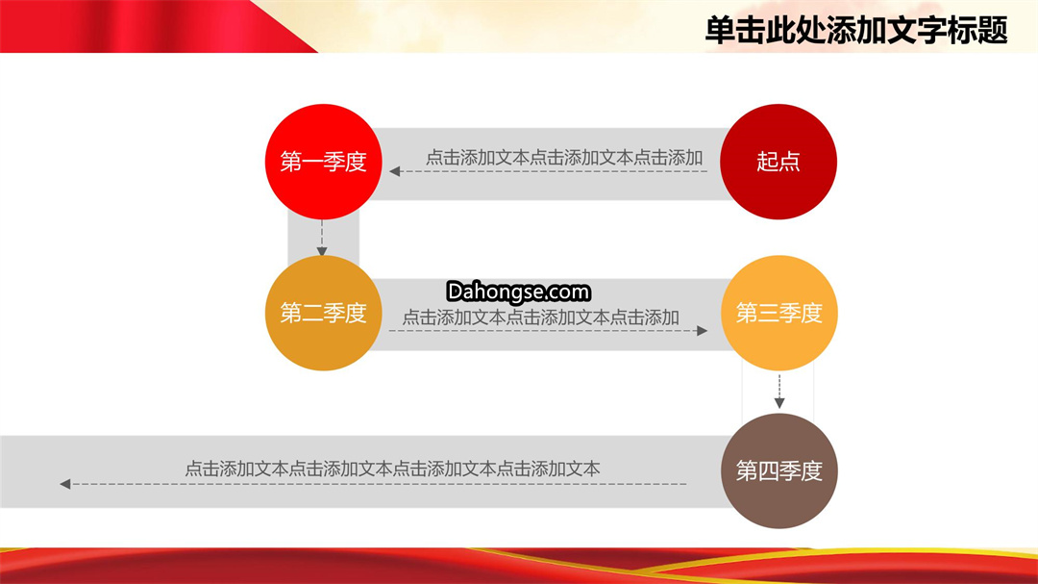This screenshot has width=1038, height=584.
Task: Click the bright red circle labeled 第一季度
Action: pyautogui.click(x=323, y=162)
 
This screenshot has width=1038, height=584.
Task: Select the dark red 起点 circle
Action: pyautogui.click(x=778, y=162)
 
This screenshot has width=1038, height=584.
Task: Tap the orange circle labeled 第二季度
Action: pyautogui.click(x=323, y=313)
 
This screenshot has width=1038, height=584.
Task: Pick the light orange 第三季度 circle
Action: pyautogui.click(x=779, y=313)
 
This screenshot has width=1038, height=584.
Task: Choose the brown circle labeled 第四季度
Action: pyautogui.click(x=779, y=470)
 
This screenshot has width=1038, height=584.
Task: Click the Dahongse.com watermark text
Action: pyautogui.click(x=518, y=292)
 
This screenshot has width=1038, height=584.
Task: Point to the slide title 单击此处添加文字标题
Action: pyautogui.click(x=856, y=31)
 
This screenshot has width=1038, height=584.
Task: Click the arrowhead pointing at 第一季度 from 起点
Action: pyautogui.click(x=395, y=171)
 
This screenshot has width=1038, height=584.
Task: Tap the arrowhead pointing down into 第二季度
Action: pyautogui.click(x=322, y=251)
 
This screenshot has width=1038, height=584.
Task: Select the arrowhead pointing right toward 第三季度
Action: pyautogui.click(x=703, y=331)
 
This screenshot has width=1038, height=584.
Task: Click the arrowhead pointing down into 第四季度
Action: pyautogui.click(x=779, y=403)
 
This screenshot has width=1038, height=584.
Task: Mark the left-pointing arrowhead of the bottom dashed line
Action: pyautogui.click(x=65, y=484)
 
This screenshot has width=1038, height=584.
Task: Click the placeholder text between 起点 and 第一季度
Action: pyautogui.click(x=564, y=158)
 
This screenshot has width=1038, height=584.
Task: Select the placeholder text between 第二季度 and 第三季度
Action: pyautogui.click(x=541, y=317)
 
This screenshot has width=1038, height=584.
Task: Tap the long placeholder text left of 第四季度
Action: pyautogui.click(x=392, y=470)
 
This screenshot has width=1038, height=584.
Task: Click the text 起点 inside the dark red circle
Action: pyautogui.click(x=778, y=162)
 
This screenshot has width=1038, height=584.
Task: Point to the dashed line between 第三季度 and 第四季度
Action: pyautogui.click(x=779, y=387)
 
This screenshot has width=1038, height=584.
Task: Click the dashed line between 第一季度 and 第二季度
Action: pyautogui.click(x=322, y=234)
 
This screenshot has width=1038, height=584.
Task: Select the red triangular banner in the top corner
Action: pyautogui.click(x=159, y=26)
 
